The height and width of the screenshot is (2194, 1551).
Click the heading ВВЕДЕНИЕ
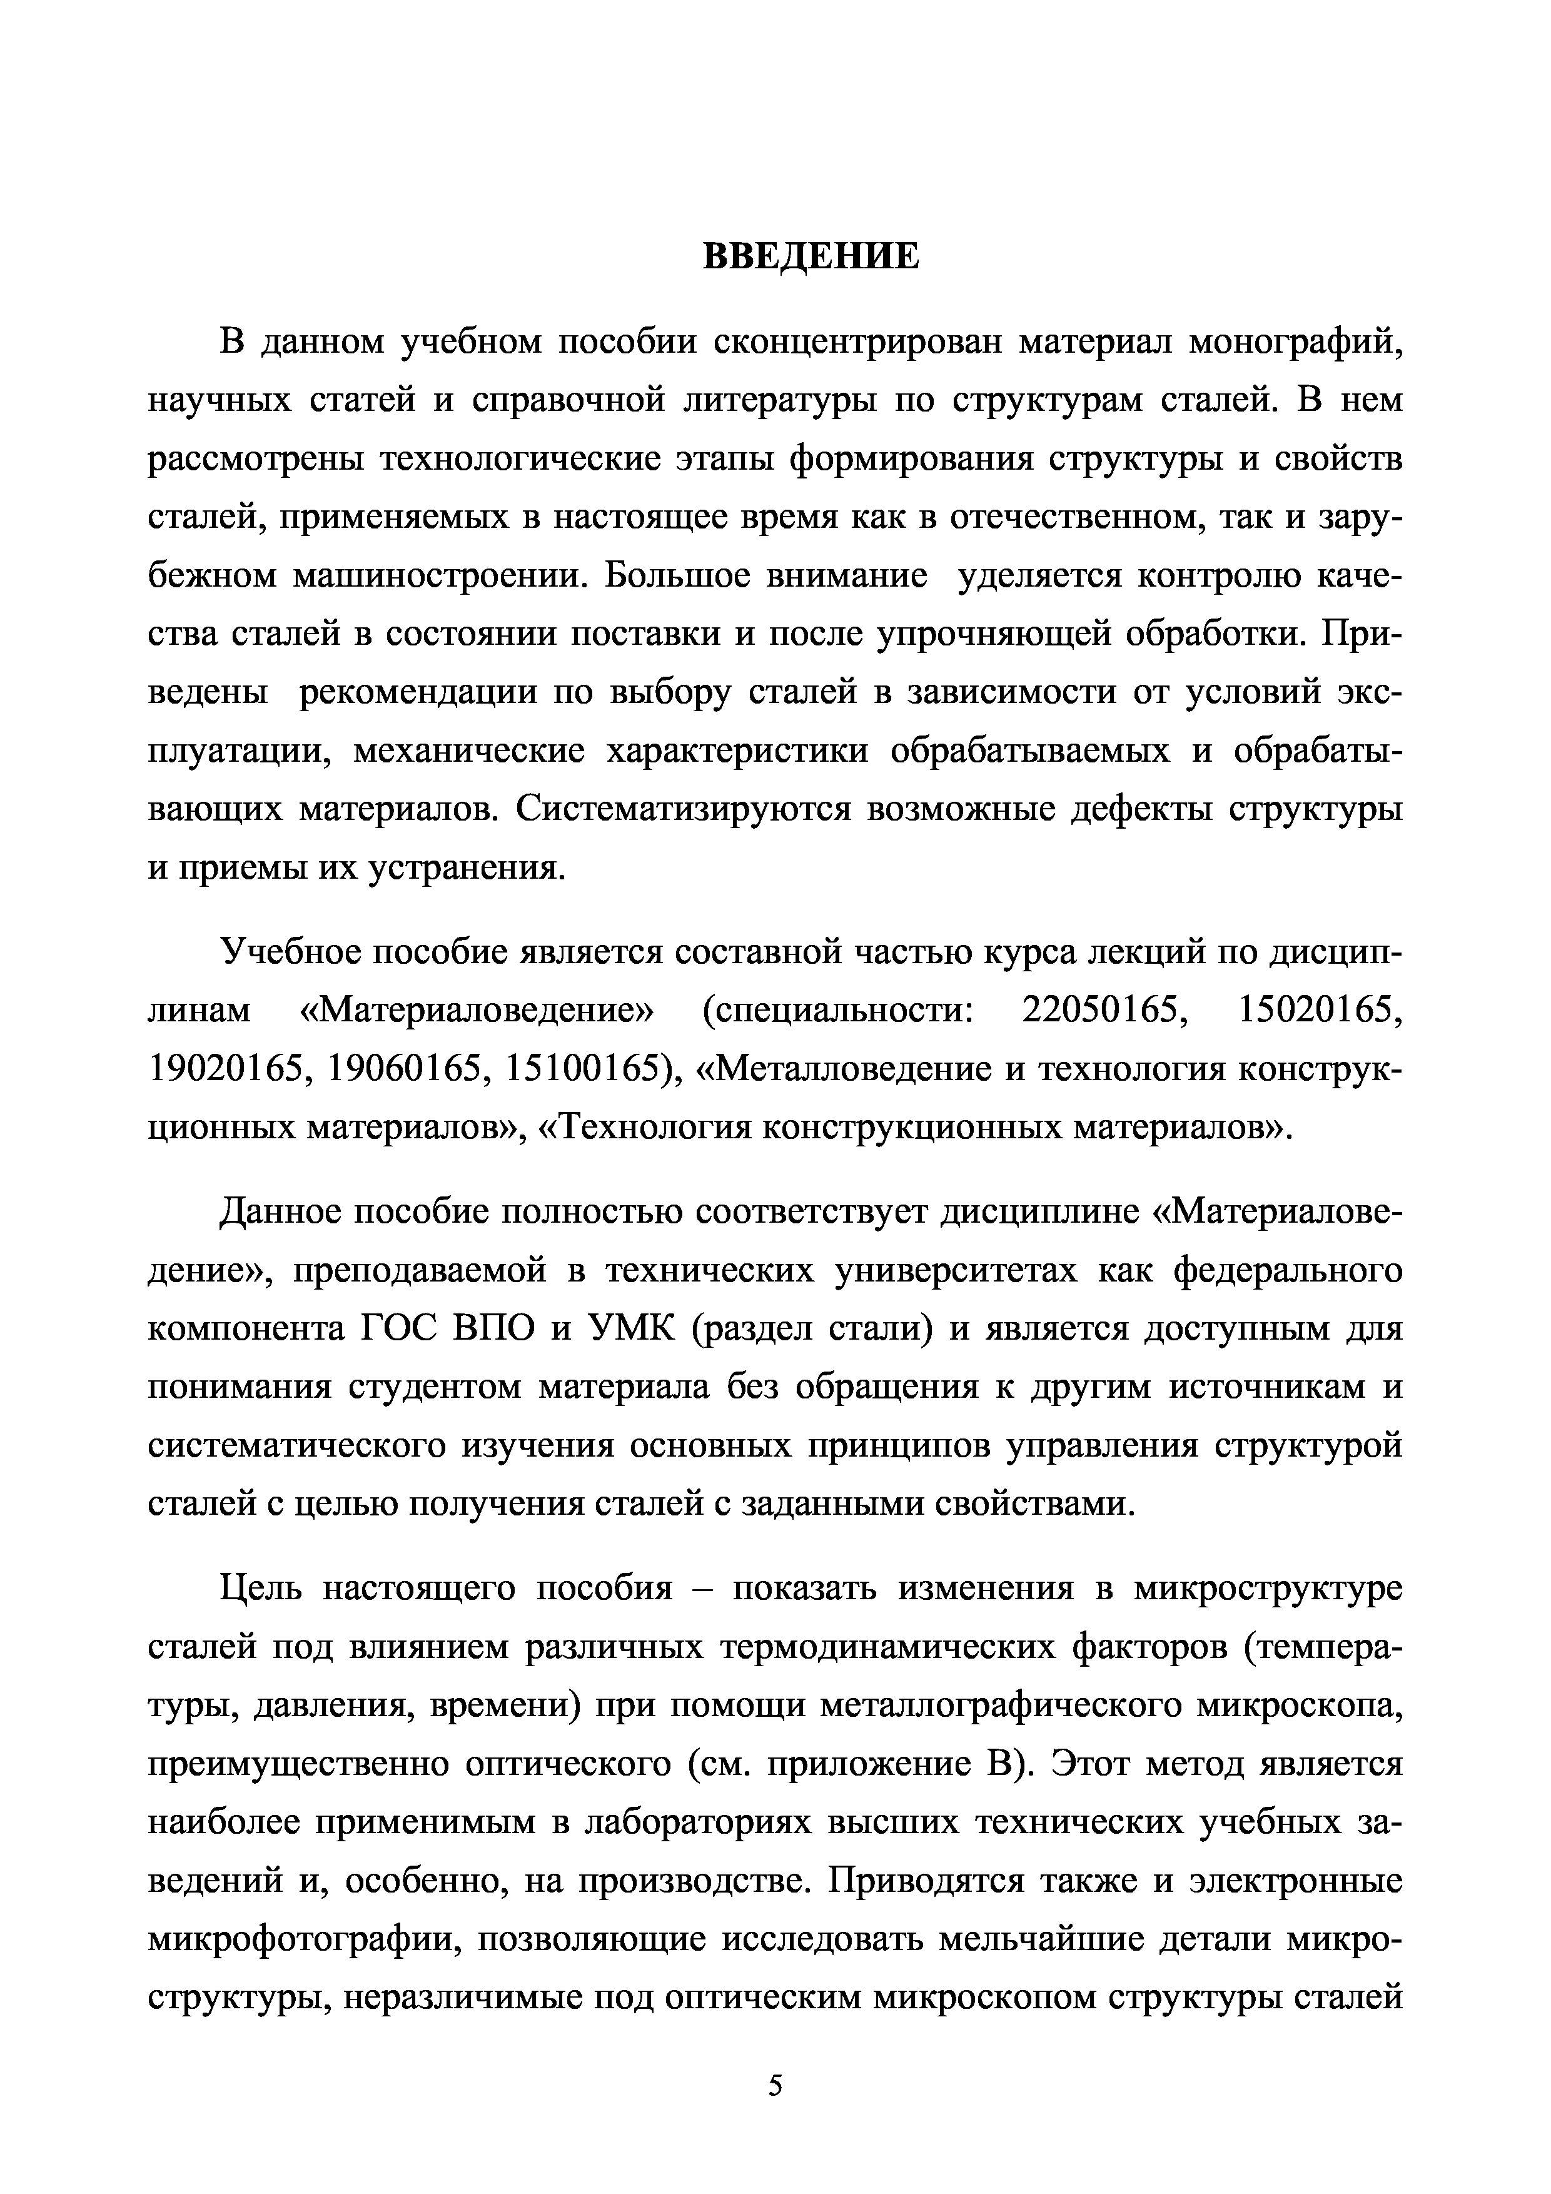coord(811,256)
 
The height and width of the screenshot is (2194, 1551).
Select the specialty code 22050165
coord(1099,1010)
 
